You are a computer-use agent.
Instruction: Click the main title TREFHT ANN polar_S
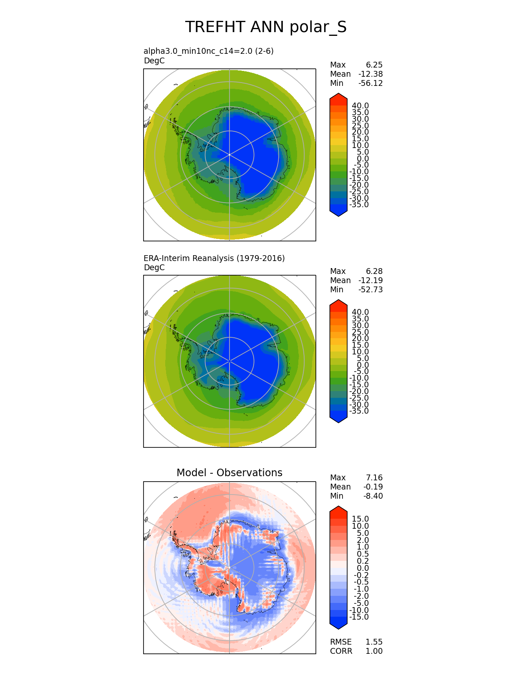pos(266,27)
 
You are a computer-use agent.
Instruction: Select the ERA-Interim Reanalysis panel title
pos(214,258)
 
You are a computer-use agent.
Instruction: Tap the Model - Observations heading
pos(229,472)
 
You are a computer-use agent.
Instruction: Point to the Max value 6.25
pos(374,65)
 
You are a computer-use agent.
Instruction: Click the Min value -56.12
pos(371,83)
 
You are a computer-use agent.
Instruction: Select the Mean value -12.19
pos(371,280)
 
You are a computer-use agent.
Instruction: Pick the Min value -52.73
pos(371,289)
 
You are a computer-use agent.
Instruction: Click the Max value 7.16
pos(374,477)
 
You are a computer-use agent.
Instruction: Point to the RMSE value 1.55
pos(374,642)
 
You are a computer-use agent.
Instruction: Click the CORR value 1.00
pos(374,651)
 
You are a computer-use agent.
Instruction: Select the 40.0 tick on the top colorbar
pos(360,105)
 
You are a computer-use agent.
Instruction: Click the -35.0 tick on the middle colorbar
pos(359,411)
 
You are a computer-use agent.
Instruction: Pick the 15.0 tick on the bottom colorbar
pos(360,519)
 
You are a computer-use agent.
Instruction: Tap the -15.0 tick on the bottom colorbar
pos(359,617)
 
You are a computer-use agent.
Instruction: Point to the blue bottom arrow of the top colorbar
pos(338,212)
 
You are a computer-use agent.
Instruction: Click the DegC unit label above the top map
pos(154,60)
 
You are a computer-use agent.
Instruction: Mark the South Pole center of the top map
pos(229,155)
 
